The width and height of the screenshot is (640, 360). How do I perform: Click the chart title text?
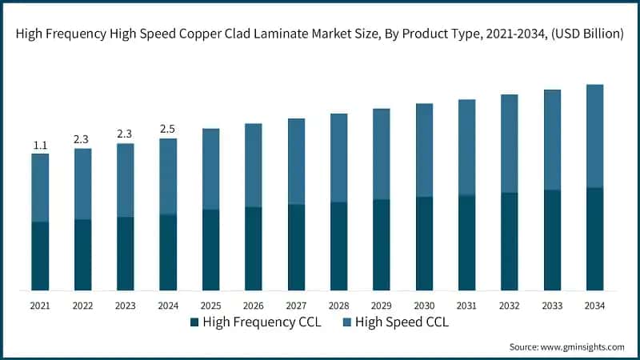[320, 34]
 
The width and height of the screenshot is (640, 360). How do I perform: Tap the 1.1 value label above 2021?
[40, 145]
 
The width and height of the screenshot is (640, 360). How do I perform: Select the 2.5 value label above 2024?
[168, 129]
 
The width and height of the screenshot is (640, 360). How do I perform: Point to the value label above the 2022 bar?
[82, 139]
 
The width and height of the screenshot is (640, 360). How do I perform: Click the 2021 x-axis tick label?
[40, 306]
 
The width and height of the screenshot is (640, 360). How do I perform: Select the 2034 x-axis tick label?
[594, 306]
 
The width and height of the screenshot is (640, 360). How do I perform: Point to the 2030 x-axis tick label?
[424, 306]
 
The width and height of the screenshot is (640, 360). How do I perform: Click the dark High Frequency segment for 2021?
[40, 256]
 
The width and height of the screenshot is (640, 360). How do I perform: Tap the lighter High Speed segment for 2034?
[594, 136]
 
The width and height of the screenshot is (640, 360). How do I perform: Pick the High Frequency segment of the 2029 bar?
[382, 245]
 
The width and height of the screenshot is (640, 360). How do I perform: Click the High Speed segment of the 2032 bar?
[510, 143]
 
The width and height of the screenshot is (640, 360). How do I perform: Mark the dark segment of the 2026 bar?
[254, 249]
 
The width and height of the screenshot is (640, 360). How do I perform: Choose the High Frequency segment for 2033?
[552, 240]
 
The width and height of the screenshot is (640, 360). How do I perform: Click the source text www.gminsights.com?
[566, 347]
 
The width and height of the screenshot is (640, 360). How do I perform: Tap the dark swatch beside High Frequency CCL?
[194, 322]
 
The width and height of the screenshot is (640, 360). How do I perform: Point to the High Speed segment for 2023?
[126, 180]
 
